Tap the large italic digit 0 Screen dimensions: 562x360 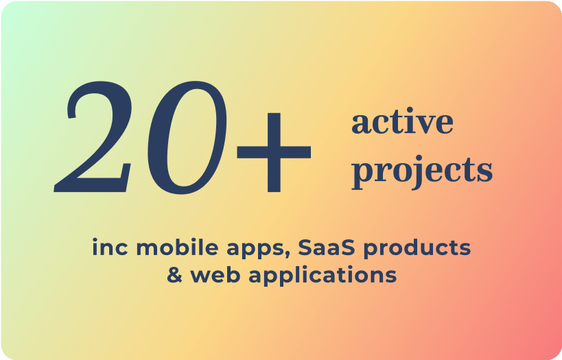pos(187,138)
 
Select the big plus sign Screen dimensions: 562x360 pos(274,152)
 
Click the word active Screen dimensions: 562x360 pos(402,121)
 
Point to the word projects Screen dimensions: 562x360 pos(422,173)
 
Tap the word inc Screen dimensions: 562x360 pos(110,248)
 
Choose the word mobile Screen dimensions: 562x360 pos(177,247)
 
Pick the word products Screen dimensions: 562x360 pos(417,249)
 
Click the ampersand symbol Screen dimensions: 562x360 pos(175,275)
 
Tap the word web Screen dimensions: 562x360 pos(215,274)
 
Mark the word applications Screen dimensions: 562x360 pos(323,276)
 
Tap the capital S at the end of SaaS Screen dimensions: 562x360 pos(346,248)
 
